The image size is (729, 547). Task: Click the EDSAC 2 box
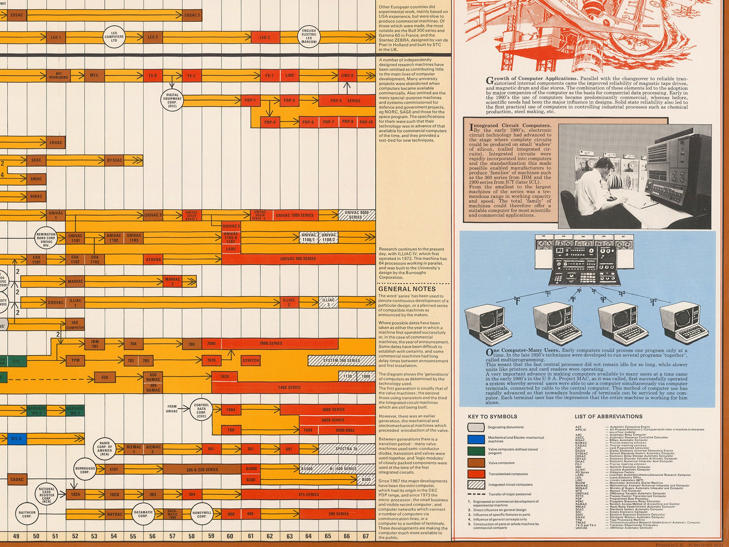pyautogui.click(x=192, y=15)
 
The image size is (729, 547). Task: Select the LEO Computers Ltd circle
pyautogui.click(x=114, y=37)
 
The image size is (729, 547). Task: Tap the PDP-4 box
pyautogui.click(x=270, y=122)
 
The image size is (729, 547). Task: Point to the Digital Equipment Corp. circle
pyautogui.click(x=172, y=101)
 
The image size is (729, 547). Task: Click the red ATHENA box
pyautogui.click(x=153, y=259)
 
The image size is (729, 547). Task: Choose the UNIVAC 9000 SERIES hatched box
pyautogui.click(x=357, y=215)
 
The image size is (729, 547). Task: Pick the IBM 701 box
pyautogui.click(x=95, y=344)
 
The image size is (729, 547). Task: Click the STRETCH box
pyautogui.click(x=251, y=360)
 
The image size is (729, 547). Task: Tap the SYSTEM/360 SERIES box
pyautogui.click(x=341, y=360)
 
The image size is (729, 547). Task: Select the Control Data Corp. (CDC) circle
pyautogui.click(x=201, y=411)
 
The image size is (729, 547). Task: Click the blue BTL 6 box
pyautogui.click(x=16, y=438)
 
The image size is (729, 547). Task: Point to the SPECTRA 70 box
pyautogui.click(x=346, y=449)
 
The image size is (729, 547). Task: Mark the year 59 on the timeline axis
pyautogui.click(x=211, y=536)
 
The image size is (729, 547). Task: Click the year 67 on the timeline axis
pyautogui.click(x=365, y=536)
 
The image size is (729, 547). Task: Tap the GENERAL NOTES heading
pyautogui.click(x=407, y=289)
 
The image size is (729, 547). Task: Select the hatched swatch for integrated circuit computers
pyautogui.click(x=476, y=485)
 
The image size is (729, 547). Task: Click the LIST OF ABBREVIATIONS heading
pyautogui.click(x=608, y=417)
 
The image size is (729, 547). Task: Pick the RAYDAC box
pyautogui.click(x=115, y=514)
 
